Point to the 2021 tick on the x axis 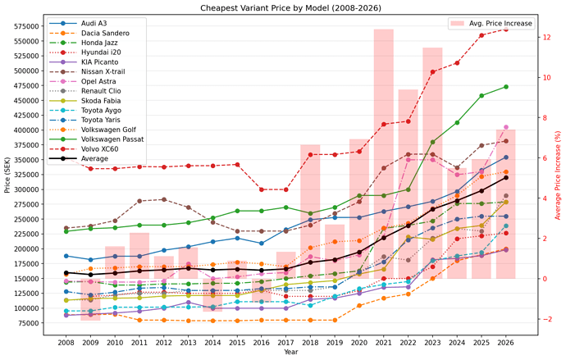coord(384,341)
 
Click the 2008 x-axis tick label coord(66,341)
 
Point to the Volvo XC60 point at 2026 coord(506,29)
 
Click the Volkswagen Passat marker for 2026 coord(506,87)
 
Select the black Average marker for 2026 coord(506,177)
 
